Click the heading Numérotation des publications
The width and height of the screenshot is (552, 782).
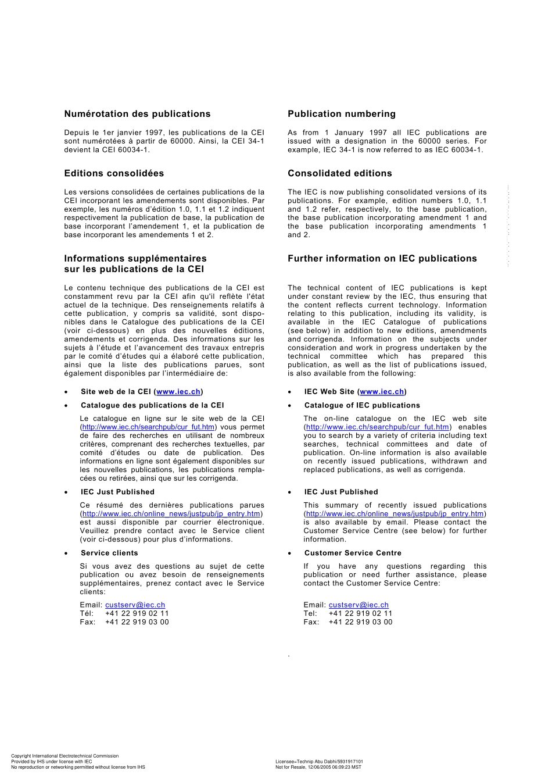(137, 114)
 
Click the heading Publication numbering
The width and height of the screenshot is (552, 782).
(341, 114)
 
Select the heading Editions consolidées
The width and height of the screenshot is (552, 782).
(114, 173)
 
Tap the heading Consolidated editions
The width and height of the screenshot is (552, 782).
(339, 173)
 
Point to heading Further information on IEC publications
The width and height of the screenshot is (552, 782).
(382, 259)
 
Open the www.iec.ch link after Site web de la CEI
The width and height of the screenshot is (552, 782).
(178, 392)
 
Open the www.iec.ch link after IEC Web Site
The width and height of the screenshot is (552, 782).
(382, 392)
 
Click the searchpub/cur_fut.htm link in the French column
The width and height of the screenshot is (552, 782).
(148, 427)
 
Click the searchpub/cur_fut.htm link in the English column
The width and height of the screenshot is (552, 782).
(377, 427)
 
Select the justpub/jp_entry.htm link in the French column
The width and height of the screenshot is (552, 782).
(171, 514)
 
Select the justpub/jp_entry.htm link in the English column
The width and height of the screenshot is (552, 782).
(395, 514)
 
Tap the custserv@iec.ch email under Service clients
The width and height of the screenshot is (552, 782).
(135, 605)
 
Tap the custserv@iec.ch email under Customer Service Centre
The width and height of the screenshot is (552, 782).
(359, 605)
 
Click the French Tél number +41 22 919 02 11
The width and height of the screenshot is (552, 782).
(137, 613)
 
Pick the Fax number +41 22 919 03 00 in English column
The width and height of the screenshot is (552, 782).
(360, 622)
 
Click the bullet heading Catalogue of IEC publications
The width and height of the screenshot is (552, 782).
(362, 405)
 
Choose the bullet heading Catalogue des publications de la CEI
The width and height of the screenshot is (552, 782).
(152, 405)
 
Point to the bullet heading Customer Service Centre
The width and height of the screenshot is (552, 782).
(353, 553)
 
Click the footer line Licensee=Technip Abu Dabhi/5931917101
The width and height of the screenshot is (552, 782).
(319, 762)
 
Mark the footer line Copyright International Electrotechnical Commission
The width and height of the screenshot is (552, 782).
(64, 756)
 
